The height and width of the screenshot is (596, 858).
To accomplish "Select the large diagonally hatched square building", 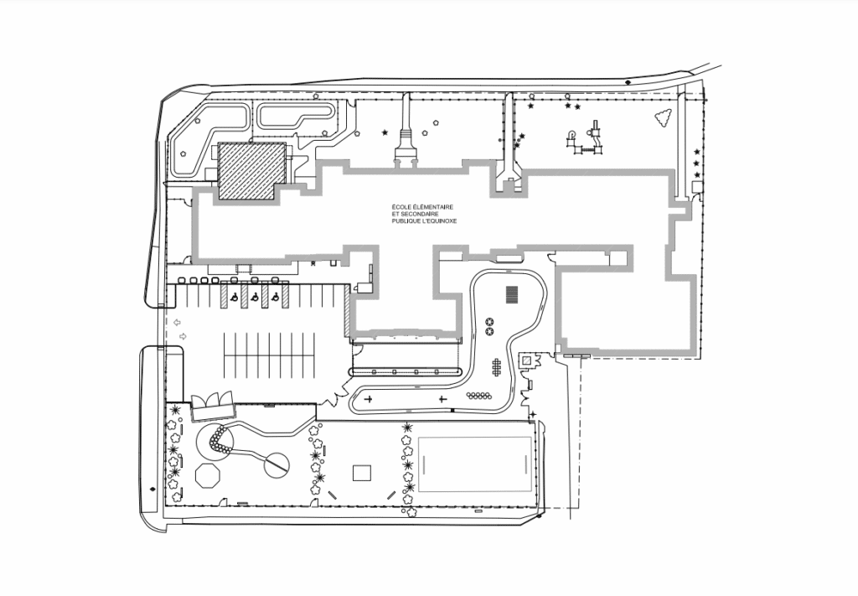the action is tap(252, 171).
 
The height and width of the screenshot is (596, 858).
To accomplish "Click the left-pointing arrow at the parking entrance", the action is tap(177, 323).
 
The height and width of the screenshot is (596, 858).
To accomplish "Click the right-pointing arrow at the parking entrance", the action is tap(183, 336).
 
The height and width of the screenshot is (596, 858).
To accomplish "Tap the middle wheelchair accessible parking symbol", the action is tap(255, 298).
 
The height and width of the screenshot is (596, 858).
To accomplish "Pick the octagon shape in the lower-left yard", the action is tap(208, 475).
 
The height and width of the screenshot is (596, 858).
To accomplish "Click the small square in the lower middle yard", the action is tap(362, 472).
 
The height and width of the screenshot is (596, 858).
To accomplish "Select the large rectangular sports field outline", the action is tap(475, 464).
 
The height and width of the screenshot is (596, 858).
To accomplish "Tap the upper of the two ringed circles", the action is tap(489, 322).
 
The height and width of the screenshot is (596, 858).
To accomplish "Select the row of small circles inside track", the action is tap(478, 396).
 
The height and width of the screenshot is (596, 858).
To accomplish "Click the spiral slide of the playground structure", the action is tap(572, 135).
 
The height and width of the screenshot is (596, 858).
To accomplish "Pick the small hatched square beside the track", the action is tap(526, 360).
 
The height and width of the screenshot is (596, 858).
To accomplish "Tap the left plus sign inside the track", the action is tap(369, 399).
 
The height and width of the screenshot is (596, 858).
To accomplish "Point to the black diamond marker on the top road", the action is tap(628, 82).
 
